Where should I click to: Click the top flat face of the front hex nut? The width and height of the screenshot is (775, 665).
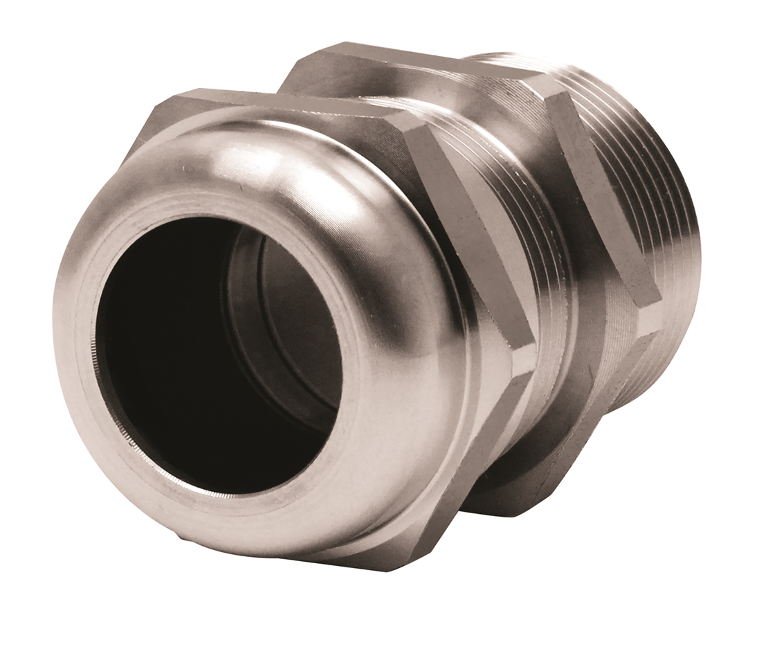click(291, 104)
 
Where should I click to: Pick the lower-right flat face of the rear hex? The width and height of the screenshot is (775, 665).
click(609, 388)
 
